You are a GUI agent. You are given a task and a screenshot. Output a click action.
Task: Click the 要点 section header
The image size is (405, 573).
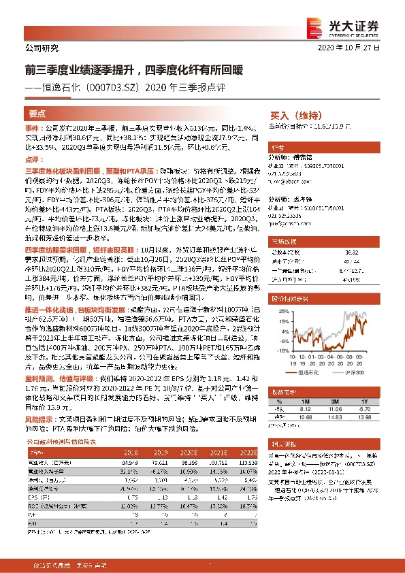click(37, 114)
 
